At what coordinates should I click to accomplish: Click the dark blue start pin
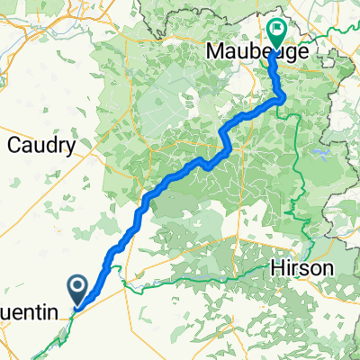click(78, 289)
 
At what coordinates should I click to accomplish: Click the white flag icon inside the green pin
click(274, 29)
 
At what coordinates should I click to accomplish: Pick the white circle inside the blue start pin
click(78, 286)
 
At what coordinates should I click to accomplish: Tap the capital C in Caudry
click(13, 144)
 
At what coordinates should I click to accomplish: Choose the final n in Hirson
click(329, 268)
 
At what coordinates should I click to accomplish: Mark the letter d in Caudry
click(47, 144)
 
